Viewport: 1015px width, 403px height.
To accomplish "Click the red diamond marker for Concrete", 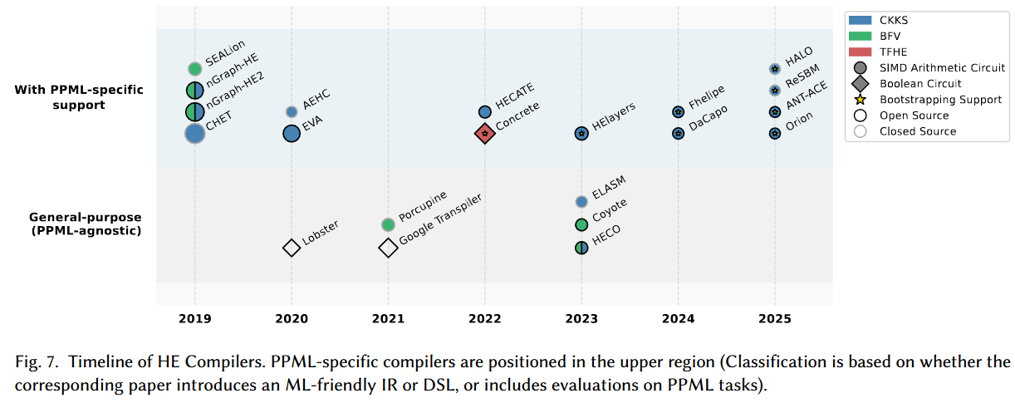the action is tap(485, 134).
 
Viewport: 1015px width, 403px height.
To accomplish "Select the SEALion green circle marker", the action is tap(195, 69).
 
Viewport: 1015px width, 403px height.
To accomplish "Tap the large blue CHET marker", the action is tap(195, 134).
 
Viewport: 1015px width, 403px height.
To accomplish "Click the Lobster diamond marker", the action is tap(292, 248).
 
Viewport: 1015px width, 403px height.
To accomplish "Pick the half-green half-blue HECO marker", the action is tap(581, 248).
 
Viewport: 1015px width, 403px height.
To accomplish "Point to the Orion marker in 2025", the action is tap(775, 134).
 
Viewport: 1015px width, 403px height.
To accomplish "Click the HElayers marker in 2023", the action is tap(581, 134).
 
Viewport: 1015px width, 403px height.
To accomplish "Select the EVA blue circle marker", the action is tap(292, 134).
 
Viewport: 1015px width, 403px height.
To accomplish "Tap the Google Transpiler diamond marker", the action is tap(389, 248).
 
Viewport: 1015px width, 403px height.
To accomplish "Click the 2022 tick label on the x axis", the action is tap(485, 319).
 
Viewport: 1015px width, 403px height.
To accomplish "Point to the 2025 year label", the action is tap(775, 319).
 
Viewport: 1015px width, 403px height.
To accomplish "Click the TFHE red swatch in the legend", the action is tap(860, 52).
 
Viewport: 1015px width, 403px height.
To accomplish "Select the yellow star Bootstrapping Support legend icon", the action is tap(860, 100).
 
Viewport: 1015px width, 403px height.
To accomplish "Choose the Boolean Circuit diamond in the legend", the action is tap(860, 84).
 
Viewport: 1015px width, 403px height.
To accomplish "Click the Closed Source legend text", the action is tap(918, 131).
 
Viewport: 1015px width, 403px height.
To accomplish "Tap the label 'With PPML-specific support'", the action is tap(79, 97).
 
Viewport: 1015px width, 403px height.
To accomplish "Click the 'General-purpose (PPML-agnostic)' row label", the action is tap(86, 224).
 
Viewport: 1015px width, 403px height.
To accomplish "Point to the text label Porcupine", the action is tap(423, 206).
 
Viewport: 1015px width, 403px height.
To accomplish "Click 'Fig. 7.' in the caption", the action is tap(37, 362).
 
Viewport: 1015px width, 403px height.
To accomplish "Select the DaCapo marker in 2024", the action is tap(678, 134).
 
